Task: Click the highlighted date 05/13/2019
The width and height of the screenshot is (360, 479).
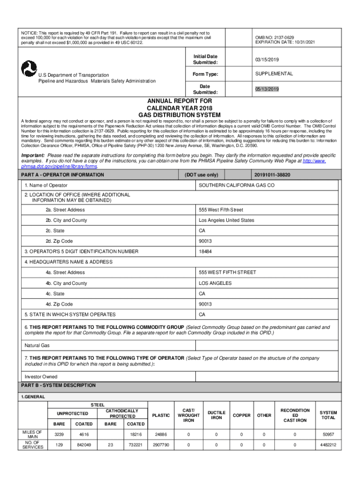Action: pos(267,89)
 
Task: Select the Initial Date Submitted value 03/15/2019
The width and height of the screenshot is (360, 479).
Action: pos(267,60)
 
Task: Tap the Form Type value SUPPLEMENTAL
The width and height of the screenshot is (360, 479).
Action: pos(274,74)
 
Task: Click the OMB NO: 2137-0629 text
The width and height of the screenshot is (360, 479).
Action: pos(274,37)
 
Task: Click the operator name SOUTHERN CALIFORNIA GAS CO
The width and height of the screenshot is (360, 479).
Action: pos(237,186)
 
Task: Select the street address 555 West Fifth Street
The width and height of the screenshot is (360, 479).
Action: pos(221,210)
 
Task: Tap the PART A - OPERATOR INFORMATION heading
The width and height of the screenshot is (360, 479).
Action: pos(63,175)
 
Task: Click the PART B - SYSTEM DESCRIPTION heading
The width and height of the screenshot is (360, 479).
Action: pos(58,385)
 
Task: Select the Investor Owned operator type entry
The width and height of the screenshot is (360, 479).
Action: pos(41,377)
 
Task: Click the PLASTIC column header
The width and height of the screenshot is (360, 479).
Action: pos(161,415)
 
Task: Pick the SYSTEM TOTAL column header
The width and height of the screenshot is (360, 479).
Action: pos(328,415)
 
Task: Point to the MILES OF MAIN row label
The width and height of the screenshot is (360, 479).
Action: pos(32,435)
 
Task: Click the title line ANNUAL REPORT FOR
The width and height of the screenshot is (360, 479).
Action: pos(180,101)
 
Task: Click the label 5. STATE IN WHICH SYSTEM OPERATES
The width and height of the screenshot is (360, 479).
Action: pos(70,315)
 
